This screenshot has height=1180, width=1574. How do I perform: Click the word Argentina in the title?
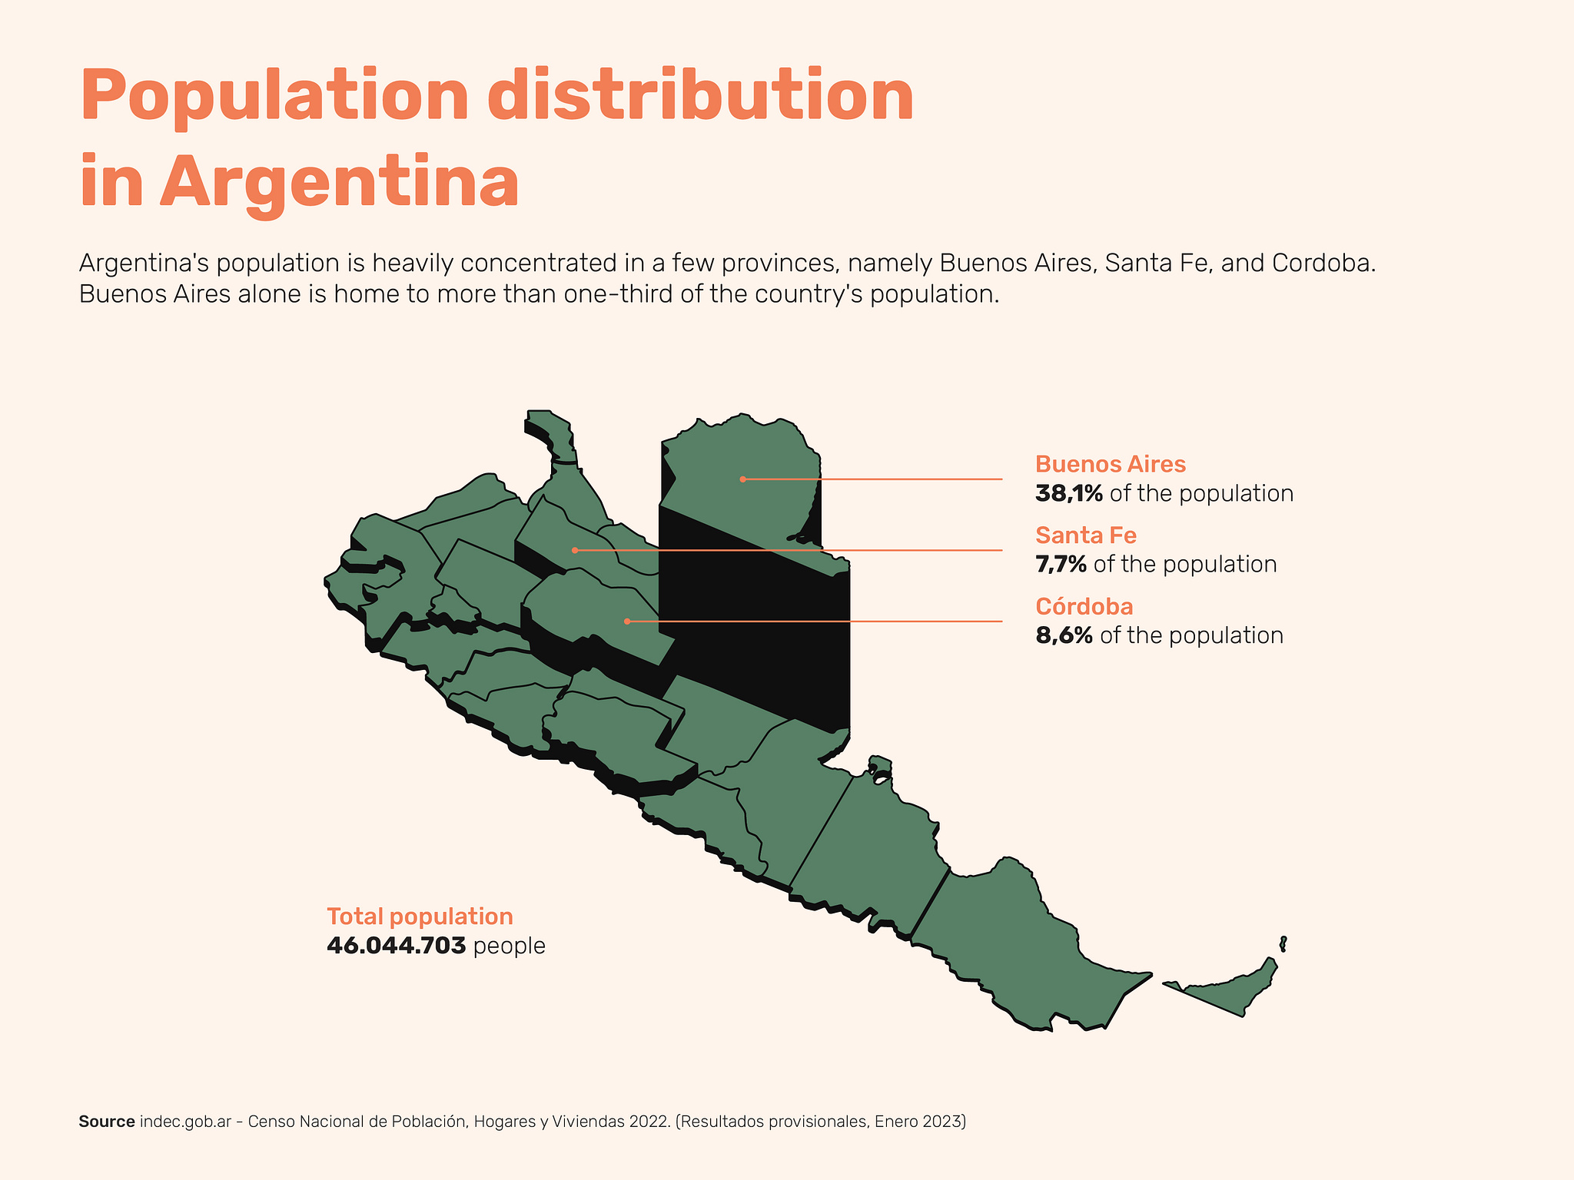tap(339, 183)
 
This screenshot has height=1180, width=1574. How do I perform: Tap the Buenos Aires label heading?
tap(1110, 465)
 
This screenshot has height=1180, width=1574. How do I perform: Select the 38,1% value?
tap(1068, 493)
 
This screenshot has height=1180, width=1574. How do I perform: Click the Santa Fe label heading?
tap(1085, 535)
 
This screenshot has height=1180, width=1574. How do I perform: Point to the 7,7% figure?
tap(1061, 565)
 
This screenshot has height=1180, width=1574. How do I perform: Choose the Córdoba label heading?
tap(1084, 607)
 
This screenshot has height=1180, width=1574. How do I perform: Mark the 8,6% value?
tap(1064, 636)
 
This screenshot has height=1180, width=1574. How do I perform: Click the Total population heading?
tap(420, 916)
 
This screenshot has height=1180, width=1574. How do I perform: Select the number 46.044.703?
tap(396, 946)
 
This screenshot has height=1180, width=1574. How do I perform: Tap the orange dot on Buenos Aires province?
tap(742, 479)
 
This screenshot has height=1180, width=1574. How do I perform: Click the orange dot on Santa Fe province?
tap(575, 550)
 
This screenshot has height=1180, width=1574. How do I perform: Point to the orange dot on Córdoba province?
tap(627, 621)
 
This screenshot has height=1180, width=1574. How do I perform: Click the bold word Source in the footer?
tap(106, 1122)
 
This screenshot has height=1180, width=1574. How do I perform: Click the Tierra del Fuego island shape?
tap(1230, 991)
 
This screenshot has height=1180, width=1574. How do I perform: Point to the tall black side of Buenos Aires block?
tap(753, 630)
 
